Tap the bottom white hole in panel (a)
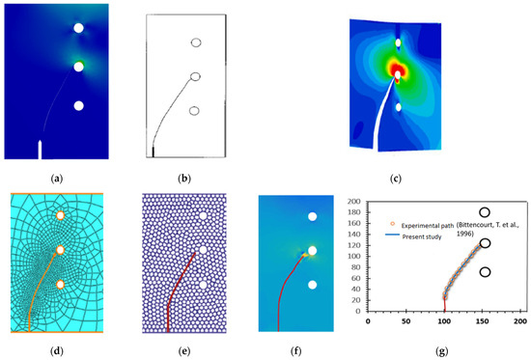78,105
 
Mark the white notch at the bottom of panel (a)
40,149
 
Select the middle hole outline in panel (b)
195,75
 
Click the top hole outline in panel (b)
197,42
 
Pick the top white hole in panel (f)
311,217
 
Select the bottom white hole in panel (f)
311,286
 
